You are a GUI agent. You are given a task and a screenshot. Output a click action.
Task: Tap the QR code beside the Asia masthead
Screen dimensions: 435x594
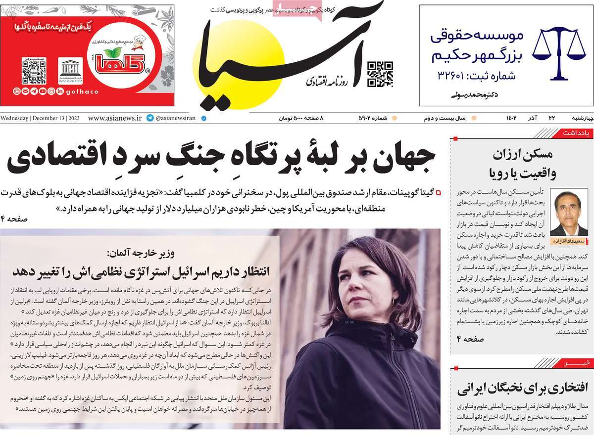[380, 74]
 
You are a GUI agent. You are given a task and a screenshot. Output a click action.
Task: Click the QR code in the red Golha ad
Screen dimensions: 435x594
[34, 72]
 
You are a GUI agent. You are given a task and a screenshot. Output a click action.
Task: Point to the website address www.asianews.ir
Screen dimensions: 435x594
[115, 119]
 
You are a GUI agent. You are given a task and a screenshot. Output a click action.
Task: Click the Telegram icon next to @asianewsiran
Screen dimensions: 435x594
[150, 119]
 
